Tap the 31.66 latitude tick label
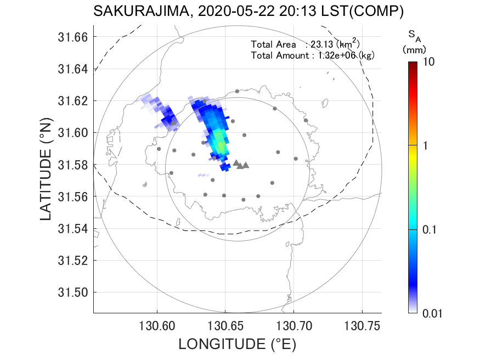pos(73,37)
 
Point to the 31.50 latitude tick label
pos(73,292)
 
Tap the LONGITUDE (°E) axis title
pos(237,345)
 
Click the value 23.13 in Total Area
pos(321,44)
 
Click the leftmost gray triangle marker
pos(236,162)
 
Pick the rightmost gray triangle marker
pos(246,165)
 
